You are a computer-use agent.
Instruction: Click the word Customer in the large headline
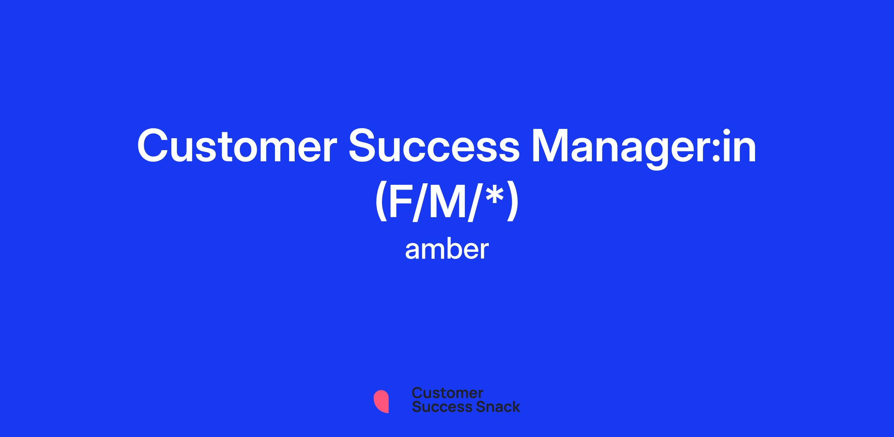click(237, 146)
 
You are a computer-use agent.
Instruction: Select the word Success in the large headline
click(434, 146)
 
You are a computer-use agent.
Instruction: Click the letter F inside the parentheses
click(402, 202)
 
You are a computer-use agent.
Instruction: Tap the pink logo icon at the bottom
click(381, 401)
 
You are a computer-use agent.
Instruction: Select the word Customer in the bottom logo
click(447, 393)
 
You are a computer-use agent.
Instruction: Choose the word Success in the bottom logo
click(437, 406)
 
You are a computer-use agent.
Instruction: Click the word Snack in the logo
click(493, 406)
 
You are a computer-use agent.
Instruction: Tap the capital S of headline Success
click(363, 146)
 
